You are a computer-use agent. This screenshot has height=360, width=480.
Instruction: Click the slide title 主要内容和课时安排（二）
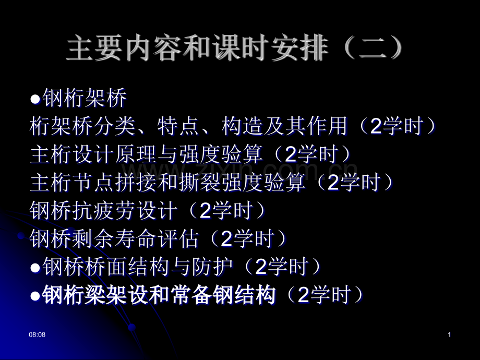[235, 50]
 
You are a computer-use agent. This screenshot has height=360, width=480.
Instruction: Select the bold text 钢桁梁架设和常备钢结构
[159, 295]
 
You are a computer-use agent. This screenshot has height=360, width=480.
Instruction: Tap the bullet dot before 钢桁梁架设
[35, 296]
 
